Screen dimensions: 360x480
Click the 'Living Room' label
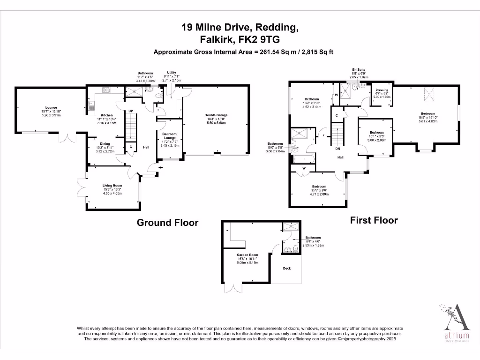point(112,186)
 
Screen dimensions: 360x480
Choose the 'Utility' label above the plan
point(172,72)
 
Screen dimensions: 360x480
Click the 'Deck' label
point(287,269)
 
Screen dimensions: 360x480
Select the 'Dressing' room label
point(380,90)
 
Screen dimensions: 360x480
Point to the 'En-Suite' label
point(359,69)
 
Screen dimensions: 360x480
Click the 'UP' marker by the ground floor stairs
point(131,111)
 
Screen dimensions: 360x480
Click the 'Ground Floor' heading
point(167,223)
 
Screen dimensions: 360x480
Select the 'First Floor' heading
point(374,220)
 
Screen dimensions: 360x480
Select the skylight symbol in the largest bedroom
point(428,94)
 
